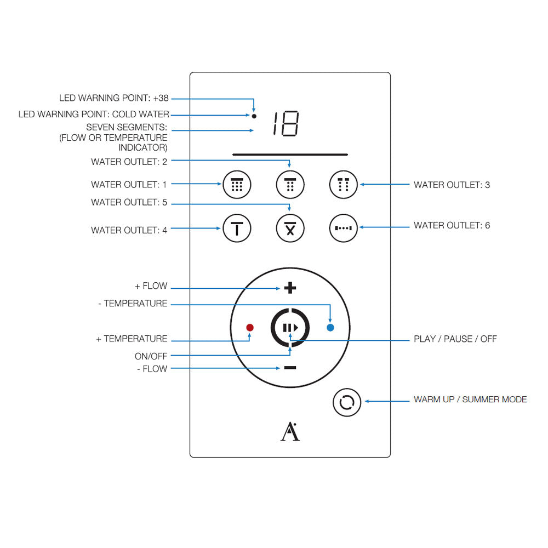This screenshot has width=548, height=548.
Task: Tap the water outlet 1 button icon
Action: (x=237, y=185)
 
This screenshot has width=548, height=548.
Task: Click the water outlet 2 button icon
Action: (x=290, y=185)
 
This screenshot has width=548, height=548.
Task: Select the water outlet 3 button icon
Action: (x=343, y=185)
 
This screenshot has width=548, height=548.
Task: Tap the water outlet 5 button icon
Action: (x=290, y=227)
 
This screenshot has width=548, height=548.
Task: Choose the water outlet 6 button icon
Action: (x=343, y=227)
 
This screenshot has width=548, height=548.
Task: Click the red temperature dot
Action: (x=250, y=328)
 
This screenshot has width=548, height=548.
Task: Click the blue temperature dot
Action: (x=330, y=328)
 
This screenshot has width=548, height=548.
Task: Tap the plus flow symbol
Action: (x=290, y=288)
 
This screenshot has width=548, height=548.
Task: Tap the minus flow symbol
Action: (x=290, y=368)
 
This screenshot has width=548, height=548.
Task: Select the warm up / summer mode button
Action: (x=347, y=403)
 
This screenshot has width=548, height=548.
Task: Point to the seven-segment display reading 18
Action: (x=286, y=124)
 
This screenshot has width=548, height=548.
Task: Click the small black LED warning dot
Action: (x=254, y=116)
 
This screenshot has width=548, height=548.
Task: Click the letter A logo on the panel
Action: (x=290, y=432)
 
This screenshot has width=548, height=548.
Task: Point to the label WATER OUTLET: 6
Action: (x=452, y=225)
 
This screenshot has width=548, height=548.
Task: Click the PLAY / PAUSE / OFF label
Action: (x=455, y=339)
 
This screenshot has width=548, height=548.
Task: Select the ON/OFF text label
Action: (x=151, y=356)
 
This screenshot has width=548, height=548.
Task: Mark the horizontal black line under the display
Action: (x=290, y=155)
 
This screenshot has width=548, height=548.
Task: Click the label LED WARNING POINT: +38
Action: (x=114, y=98)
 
